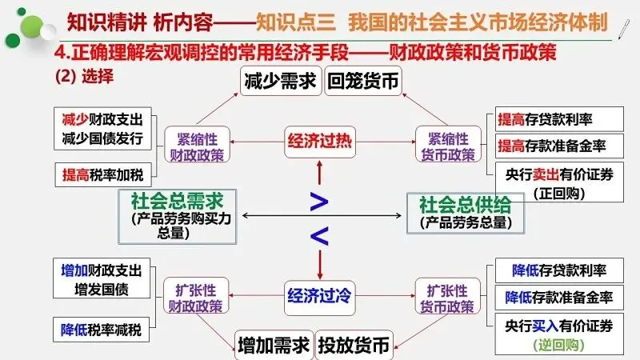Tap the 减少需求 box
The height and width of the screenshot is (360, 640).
[x=281, y=82]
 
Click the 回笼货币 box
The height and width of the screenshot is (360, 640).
[x=362, y=82]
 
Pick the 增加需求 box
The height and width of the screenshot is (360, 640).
[x=273, y=346]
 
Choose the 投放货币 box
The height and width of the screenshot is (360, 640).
[x=354, y=346]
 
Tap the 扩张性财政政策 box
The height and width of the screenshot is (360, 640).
[x=194, y=296]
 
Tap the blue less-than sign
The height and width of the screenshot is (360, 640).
[x=319, y=235]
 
